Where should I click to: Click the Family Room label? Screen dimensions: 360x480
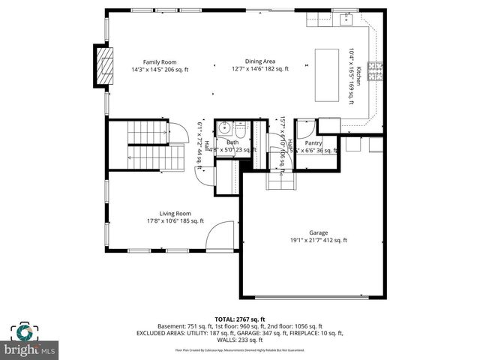click(x=160, y=62)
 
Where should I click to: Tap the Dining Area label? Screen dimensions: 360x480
click(x=259, y=62)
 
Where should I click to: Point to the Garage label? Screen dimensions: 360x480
click(x=319, y=232)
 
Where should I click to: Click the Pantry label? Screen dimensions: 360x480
click(x=313, y=142)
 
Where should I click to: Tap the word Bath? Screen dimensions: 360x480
click(x=232, y=142)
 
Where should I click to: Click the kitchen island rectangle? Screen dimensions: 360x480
click(x=328, y=74)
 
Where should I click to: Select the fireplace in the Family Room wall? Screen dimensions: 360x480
click(x=100, y=67)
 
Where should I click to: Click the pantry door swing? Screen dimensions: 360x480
click(x=307, y=128)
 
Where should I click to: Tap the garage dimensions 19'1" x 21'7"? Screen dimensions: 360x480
click(x=319, y=241)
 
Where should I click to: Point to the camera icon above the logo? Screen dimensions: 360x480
click(x=25, y=331)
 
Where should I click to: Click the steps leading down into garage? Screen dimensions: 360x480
click(x=278, y=180)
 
